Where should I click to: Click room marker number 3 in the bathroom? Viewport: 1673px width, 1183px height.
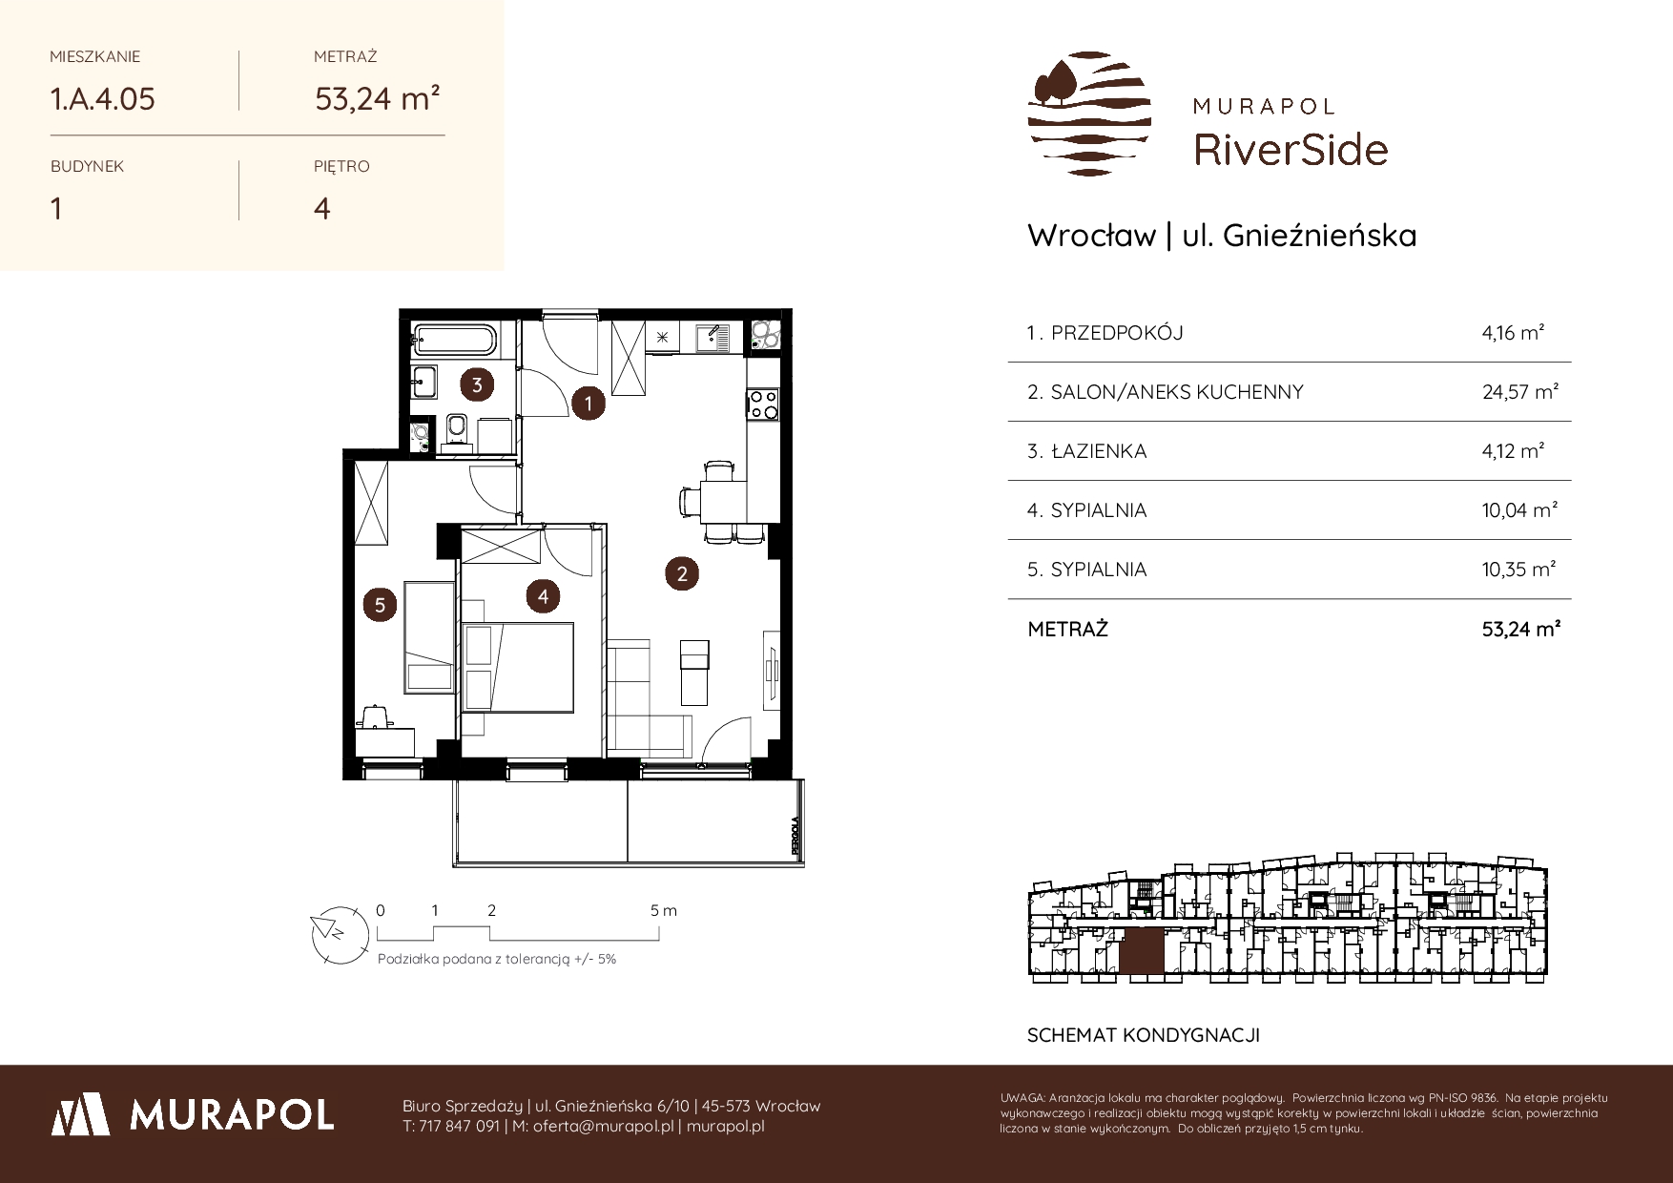pos(477,385)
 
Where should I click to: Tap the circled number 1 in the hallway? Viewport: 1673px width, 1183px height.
pos(589,404)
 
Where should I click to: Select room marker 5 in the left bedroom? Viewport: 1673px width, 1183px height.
pos(380,605)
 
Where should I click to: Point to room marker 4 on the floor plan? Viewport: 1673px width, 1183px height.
pos(543,597)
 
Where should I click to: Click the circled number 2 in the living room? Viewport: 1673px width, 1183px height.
pos(682,573)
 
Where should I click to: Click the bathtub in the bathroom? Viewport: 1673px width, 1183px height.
pos(454,338)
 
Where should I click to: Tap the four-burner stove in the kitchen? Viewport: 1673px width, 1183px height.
pos(764,405)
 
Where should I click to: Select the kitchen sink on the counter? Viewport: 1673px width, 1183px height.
pos(713,338)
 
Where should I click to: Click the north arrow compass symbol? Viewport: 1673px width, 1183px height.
pos(339,931)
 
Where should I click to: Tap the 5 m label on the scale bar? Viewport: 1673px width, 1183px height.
pos(664,911)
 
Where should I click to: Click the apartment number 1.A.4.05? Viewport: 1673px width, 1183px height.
pos(103,99)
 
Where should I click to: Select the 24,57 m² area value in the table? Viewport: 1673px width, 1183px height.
pos(1520,391)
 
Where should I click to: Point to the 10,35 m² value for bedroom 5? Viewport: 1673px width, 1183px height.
pos(1519,570)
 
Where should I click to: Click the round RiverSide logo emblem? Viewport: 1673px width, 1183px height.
pos(1089,114)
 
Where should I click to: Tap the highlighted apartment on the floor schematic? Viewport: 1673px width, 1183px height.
pos(1142,952)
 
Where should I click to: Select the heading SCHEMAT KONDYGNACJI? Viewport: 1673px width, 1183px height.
pos(1144,1035)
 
